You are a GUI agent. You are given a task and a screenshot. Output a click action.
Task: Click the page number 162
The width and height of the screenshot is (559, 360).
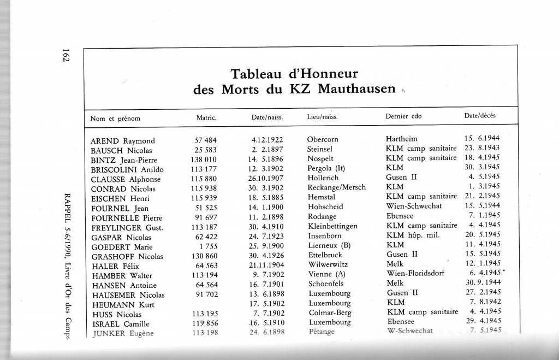(x=65, y=56)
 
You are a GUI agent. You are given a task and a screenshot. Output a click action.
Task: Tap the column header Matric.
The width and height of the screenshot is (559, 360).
(x=207, y=117)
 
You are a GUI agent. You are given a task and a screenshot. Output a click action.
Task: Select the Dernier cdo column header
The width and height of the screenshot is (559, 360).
(x=403, y=117)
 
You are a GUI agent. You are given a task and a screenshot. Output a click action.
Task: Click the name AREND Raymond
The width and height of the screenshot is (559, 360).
(x=123, y=140)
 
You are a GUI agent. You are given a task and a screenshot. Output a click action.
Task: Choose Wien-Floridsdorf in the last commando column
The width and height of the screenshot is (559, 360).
(x=419, y=275)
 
